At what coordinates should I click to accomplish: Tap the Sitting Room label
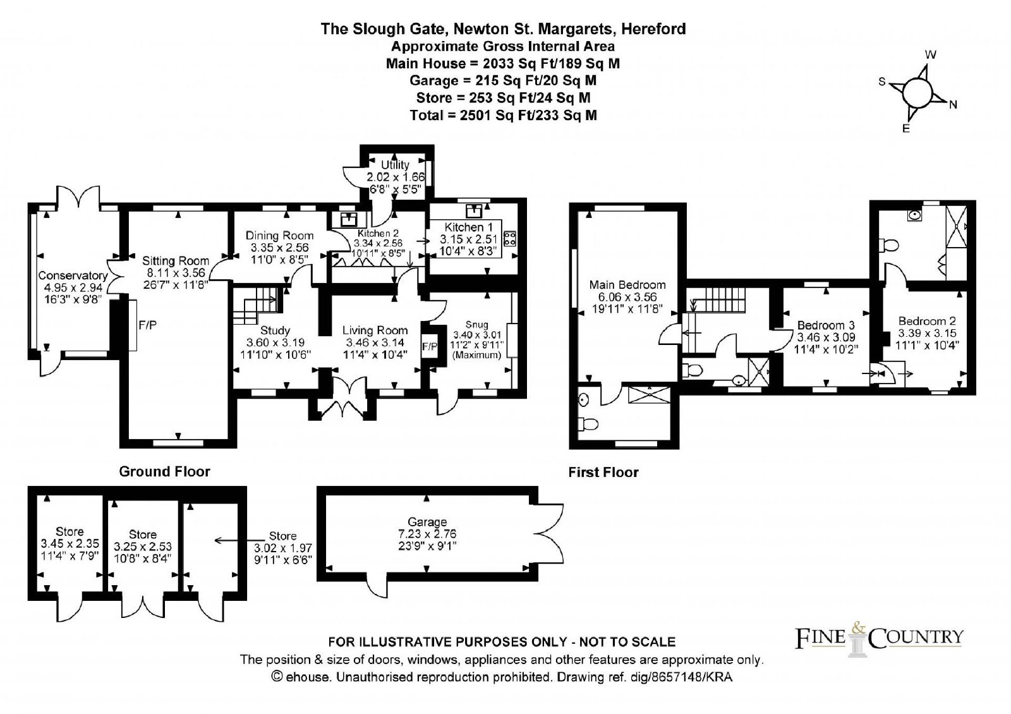(166, 260)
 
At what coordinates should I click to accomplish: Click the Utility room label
(396, 165)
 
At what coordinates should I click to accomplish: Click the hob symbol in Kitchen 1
(509, 239)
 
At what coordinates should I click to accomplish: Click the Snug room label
(477, 325)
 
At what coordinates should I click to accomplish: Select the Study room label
(275, 330)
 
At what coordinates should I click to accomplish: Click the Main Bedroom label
(627, 284)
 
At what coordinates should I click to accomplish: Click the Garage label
(428, 522)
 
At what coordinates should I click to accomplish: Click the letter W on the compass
(929, 55)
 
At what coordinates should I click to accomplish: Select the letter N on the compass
(953, 105)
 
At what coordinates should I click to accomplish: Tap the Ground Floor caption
(165, 471)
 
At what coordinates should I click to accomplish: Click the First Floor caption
(603, 472)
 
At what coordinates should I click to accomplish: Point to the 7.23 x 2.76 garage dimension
(428, 533)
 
